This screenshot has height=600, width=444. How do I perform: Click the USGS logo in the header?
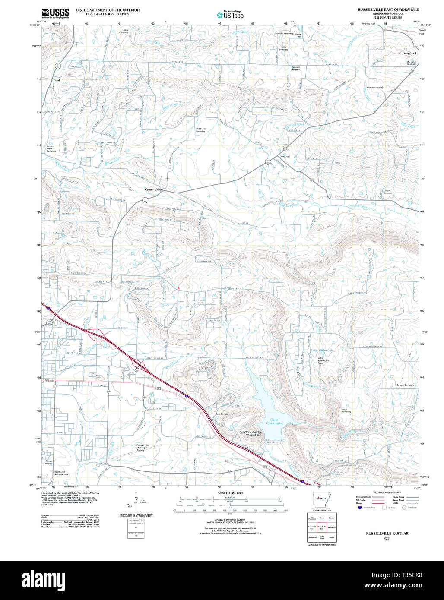click(x=55, y=13)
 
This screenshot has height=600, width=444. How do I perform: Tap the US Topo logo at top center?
click(x=230, y=15)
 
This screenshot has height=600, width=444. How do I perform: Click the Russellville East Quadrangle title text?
click(x=388, y=9)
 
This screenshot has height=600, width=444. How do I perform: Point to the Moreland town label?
click(x=409, y=54)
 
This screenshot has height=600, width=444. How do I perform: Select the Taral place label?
click(x=56, y=80)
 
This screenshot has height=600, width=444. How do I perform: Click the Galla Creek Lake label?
click(x=273, y=421)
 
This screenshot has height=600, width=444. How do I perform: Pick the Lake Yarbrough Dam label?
click(x=326, y=361)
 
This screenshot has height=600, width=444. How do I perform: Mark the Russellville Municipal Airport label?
click(x=142, y=447)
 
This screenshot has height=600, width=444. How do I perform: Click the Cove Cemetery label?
click(x=222, y=414)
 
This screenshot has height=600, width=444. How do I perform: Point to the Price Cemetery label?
click(x=346, y=411)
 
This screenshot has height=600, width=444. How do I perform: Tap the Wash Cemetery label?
click(x=388, y=192)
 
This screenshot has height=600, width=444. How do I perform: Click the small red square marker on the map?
click(x=178, y=288)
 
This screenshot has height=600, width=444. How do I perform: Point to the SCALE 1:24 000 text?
click(x=230, y=493)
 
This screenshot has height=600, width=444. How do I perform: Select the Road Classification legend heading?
click(x=387, y=493)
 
